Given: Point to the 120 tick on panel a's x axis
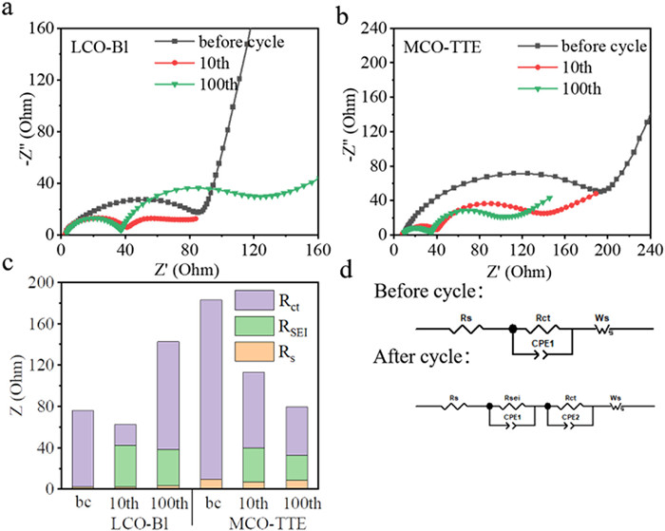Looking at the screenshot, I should point(227,250).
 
